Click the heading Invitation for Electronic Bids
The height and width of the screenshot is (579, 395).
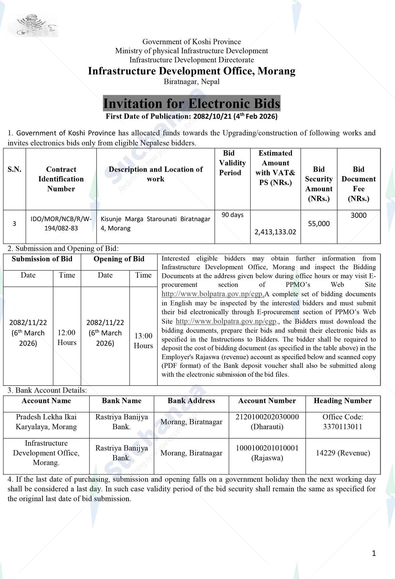pos(191,104)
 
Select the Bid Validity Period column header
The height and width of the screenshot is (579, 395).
pos(232,163)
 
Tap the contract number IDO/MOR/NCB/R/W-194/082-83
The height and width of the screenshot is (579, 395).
pos(61,224)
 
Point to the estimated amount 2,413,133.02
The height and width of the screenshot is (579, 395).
pos(275,232)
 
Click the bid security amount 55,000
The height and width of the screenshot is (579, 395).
pos(319,224)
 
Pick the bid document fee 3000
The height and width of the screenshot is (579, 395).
pos(359,215)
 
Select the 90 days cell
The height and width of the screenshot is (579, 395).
pos(232,215)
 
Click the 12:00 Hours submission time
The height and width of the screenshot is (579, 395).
pos(67,337)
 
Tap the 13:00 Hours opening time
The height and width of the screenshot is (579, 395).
pos(143,340)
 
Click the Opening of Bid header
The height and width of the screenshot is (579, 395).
pos(119,259)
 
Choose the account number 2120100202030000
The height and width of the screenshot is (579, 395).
pos(267,417)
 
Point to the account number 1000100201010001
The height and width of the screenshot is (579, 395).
pos(267,448)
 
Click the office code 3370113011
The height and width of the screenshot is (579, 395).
pos(343,427)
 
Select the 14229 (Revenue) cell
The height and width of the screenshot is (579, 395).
pos(343,453)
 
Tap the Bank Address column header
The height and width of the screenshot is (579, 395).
pos(191,401)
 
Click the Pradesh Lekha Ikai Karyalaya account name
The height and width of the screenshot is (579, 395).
pos(46,422)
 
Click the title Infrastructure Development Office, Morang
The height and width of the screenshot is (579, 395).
pos(192,71)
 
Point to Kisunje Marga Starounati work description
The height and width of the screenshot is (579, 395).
pos(156,224)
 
